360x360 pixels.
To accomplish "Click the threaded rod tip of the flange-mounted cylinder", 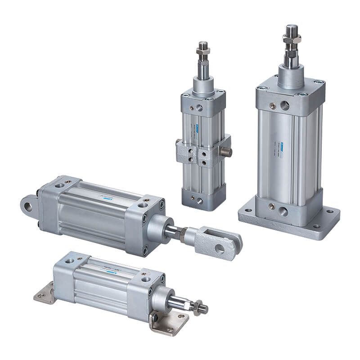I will coord(291,30).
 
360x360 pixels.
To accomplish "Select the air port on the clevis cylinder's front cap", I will coord(143,206).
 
